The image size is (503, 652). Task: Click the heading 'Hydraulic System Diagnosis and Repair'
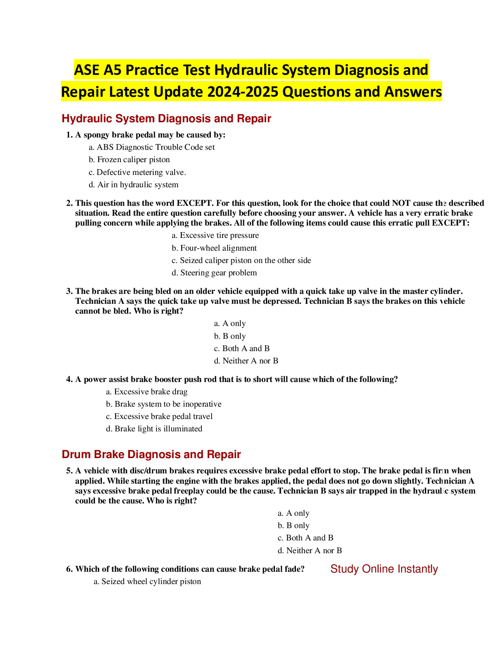click(166, 119)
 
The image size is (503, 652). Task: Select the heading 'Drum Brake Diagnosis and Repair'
click(151, 454)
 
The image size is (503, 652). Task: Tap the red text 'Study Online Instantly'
click(384, 569)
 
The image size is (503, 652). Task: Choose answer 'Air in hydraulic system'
click(137, 184)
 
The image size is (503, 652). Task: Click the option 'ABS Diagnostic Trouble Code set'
click(155, 147)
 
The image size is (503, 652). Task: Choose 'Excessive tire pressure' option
click(219, 235)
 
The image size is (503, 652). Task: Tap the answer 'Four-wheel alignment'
click(218, 248)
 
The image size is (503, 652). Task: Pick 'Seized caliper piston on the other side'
click(245, 260)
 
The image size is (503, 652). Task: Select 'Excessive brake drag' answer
click(150, 391)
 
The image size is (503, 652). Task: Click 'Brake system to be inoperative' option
click(168, 404)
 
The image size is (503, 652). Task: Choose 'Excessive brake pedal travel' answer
click(163, 416)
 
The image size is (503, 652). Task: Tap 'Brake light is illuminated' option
click(158, 428)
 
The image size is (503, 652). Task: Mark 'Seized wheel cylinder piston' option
click(151, 581)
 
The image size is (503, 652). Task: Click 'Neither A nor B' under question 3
click(250, 361)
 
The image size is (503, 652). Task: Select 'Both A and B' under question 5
click(309, 538)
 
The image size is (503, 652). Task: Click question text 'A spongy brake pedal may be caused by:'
click(150, 135)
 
